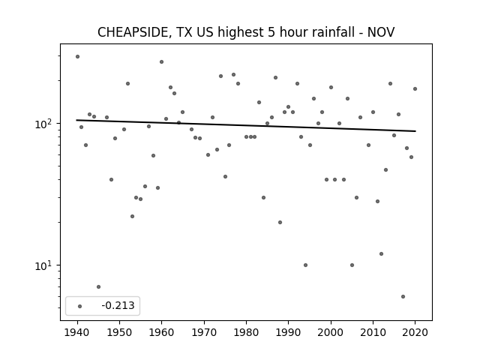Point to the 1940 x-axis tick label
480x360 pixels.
pos(77,332)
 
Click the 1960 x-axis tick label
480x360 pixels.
pos(162,332)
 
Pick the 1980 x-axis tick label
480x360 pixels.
pos(246,332)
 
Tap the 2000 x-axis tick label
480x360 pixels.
pos(331,332)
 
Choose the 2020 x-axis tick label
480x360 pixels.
pos(415,332)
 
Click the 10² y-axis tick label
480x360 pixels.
pos(45,123)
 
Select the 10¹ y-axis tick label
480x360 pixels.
pos(45,265)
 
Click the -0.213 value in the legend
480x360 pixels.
pos(118,305)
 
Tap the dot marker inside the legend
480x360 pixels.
pos(80,306)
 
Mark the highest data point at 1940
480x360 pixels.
pos(77,57)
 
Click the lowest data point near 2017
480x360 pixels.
pos(403,297)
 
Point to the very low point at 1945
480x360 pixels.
pos(98,286)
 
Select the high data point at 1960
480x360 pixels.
pos(162,61)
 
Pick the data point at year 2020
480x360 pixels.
pos(415,88)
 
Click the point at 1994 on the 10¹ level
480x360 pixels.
pos(305,265)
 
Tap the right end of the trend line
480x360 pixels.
pos(415,131)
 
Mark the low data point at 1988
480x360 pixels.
pos(280,222)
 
